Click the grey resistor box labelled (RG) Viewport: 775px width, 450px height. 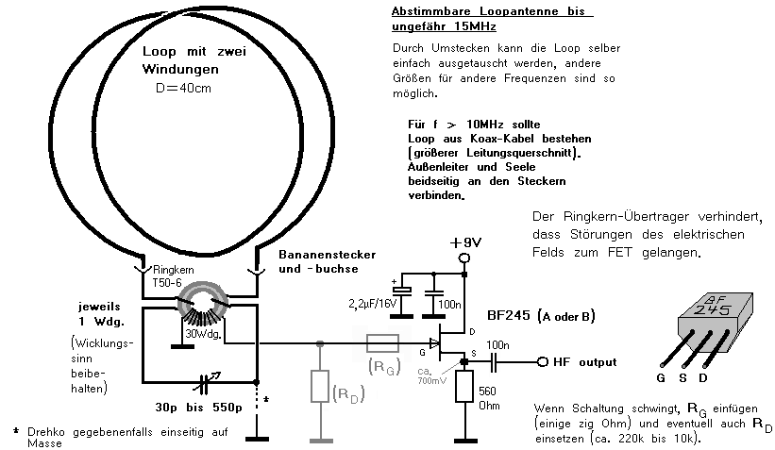point(383,342)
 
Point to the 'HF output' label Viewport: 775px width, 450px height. point(586,362)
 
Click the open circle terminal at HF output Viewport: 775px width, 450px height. point(544,362)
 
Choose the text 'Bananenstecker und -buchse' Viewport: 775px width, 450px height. point(321,261)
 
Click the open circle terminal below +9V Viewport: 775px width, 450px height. point(464,258)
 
